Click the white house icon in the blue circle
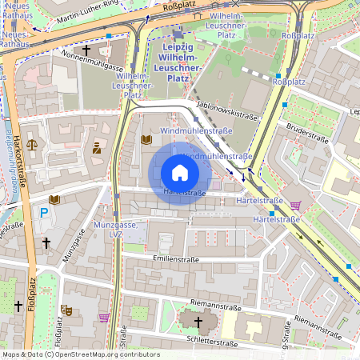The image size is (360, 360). point(180,173)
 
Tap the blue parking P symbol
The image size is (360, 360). point(45,214)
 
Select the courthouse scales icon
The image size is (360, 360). point(33,146)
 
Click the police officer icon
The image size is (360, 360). point(97,147)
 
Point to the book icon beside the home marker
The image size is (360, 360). point(146,139)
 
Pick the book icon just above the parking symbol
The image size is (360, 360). point(54,199)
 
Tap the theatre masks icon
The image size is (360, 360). point(67,307)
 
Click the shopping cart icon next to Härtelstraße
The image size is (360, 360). point(295,205)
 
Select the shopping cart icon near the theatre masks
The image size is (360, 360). point(103,317)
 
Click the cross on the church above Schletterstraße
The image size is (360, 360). point(198,322)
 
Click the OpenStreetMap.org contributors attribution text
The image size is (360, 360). point(103,354)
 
